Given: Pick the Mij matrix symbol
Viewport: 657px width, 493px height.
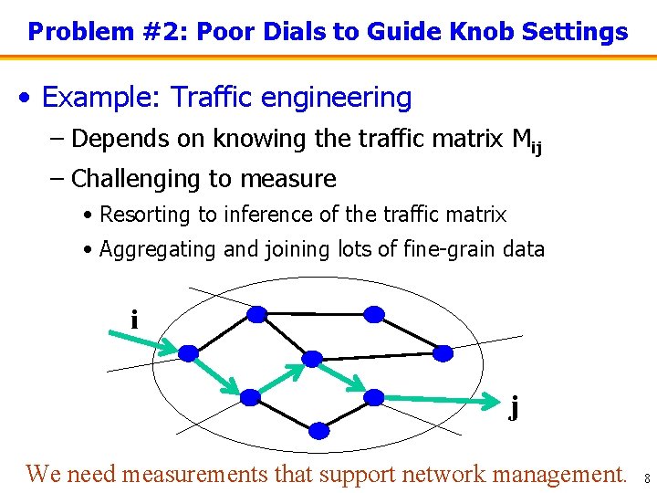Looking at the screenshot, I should pyautogui.click(x=526, y=141).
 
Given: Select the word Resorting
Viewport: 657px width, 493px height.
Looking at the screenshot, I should pyautogui.click(x=144, y=215).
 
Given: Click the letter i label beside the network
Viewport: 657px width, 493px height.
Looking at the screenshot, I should pyautogui.click(x=134, y=320).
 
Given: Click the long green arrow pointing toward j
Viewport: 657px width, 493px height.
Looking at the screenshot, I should pyautogui.click(x=443, y=399).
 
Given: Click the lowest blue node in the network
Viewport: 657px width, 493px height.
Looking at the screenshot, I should pyautogui.click(x=318, y=430).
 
